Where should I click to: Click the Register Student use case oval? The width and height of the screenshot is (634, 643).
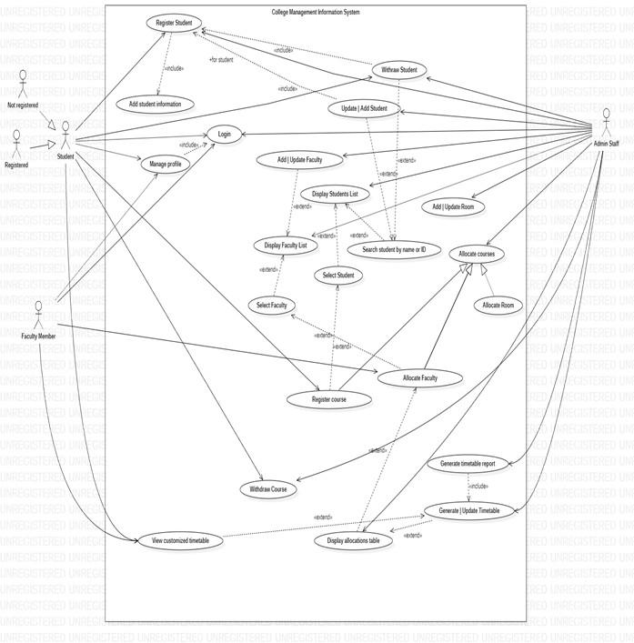click(171, 25)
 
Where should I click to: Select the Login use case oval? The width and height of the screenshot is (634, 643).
click(224, 134)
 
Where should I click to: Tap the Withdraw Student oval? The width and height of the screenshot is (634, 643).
click(399, 70)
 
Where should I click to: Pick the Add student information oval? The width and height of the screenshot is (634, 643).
click(155, 103)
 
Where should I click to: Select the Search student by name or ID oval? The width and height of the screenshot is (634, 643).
click(395, 249)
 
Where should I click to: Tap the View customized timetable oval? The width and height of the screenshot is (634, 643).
click(180, 541)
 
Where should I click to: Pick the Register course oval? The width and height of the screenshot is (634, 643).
click(328, 398)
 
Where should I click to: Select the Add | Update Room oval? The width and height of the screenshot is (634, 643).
click(453, 206)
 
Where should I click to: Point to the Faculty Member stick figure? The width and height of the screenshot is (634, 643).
click(39, 318)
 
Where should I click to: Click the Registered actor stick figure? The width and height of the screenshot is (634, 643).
click(15, 144)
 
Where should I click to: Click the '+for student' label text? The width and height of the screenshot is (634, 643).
click(221, 60)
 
